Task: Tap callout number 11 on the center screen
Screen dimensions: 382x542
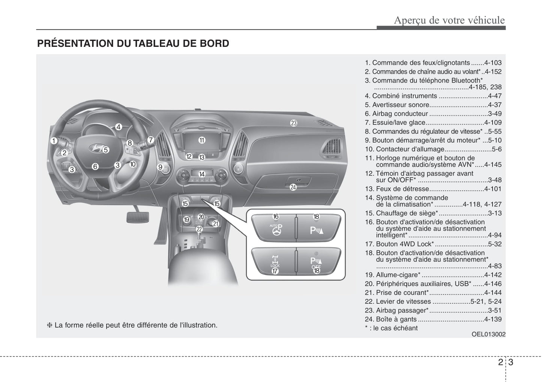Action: [202, 140]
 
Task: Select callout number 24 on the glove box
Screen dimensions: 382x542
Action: [293, 187]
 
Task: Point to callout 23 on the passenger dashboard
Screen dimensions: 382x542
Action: [294, 123]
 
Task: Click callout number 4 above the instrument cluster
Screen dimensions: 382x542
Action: [119, 127]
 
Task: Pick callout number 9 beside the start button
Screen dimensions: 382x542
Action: [160, 167]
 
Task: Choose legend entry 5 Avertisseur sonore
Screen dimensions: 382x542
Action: [433, 105]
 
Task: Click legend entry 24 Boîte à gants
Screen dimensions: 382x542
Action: [433, 319]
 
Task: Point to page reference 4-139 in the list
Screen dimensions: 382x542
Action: [492, 319]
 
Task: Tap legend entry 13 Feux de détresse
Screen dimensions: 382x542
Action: [433, 189]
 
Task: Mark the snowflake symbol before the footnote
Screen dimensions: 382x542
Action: [49, 325]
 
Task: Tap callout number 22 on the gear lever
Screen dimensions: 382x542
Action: [199, 229]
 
